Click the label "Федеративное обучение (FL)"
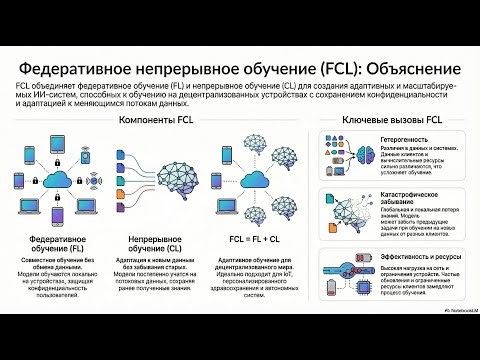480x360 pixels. (56, 245)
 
